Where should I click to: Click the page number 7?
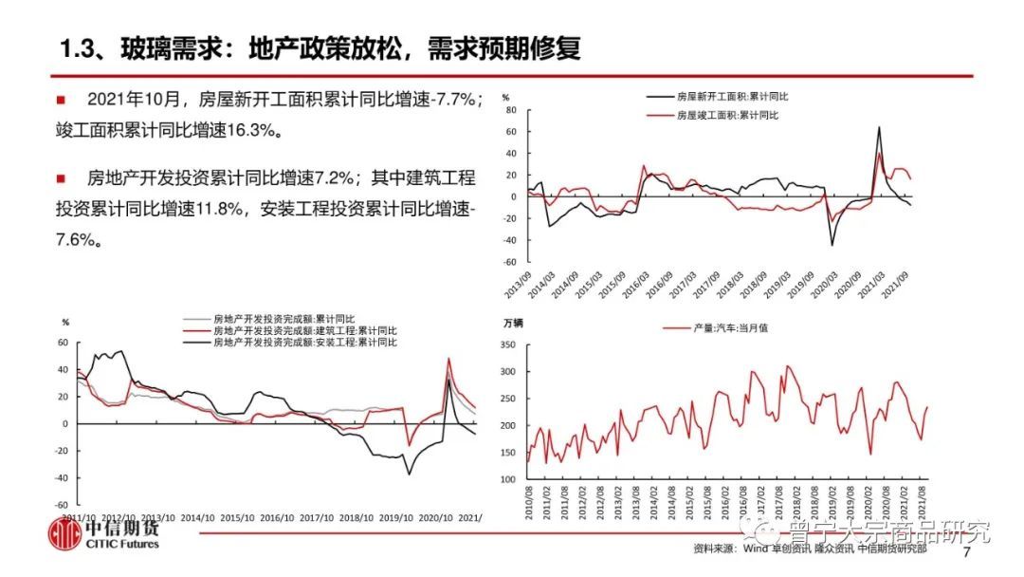(967, 552)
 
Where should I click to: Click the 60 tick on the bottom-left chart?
(64, 342)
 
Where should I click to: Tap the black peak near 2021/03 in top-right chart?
(879, 127)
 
